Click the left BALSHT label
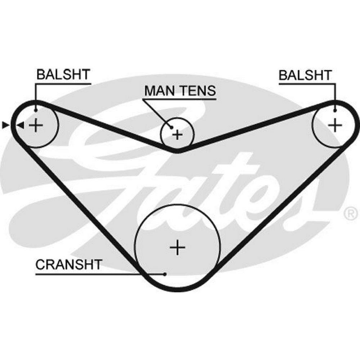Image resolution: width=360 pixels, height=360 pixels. tap(63, 75)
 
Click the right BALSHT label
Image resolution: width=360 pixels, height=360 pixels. tap(305, 75)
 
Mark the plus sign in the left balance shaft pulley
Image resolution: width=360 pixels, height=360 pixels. tap(36, 125)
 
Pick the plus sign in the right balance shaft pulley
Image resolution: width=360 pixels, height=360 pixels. tap(335, 125)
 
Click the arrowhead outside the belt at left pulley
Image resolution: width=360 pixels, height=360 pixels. tap(5, 125)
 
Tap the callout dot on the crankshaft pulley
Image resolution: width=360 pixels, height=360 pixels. tap(165, 274)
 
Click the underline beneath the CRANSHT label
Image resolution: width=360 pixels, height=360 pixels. tap(97, 274)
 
